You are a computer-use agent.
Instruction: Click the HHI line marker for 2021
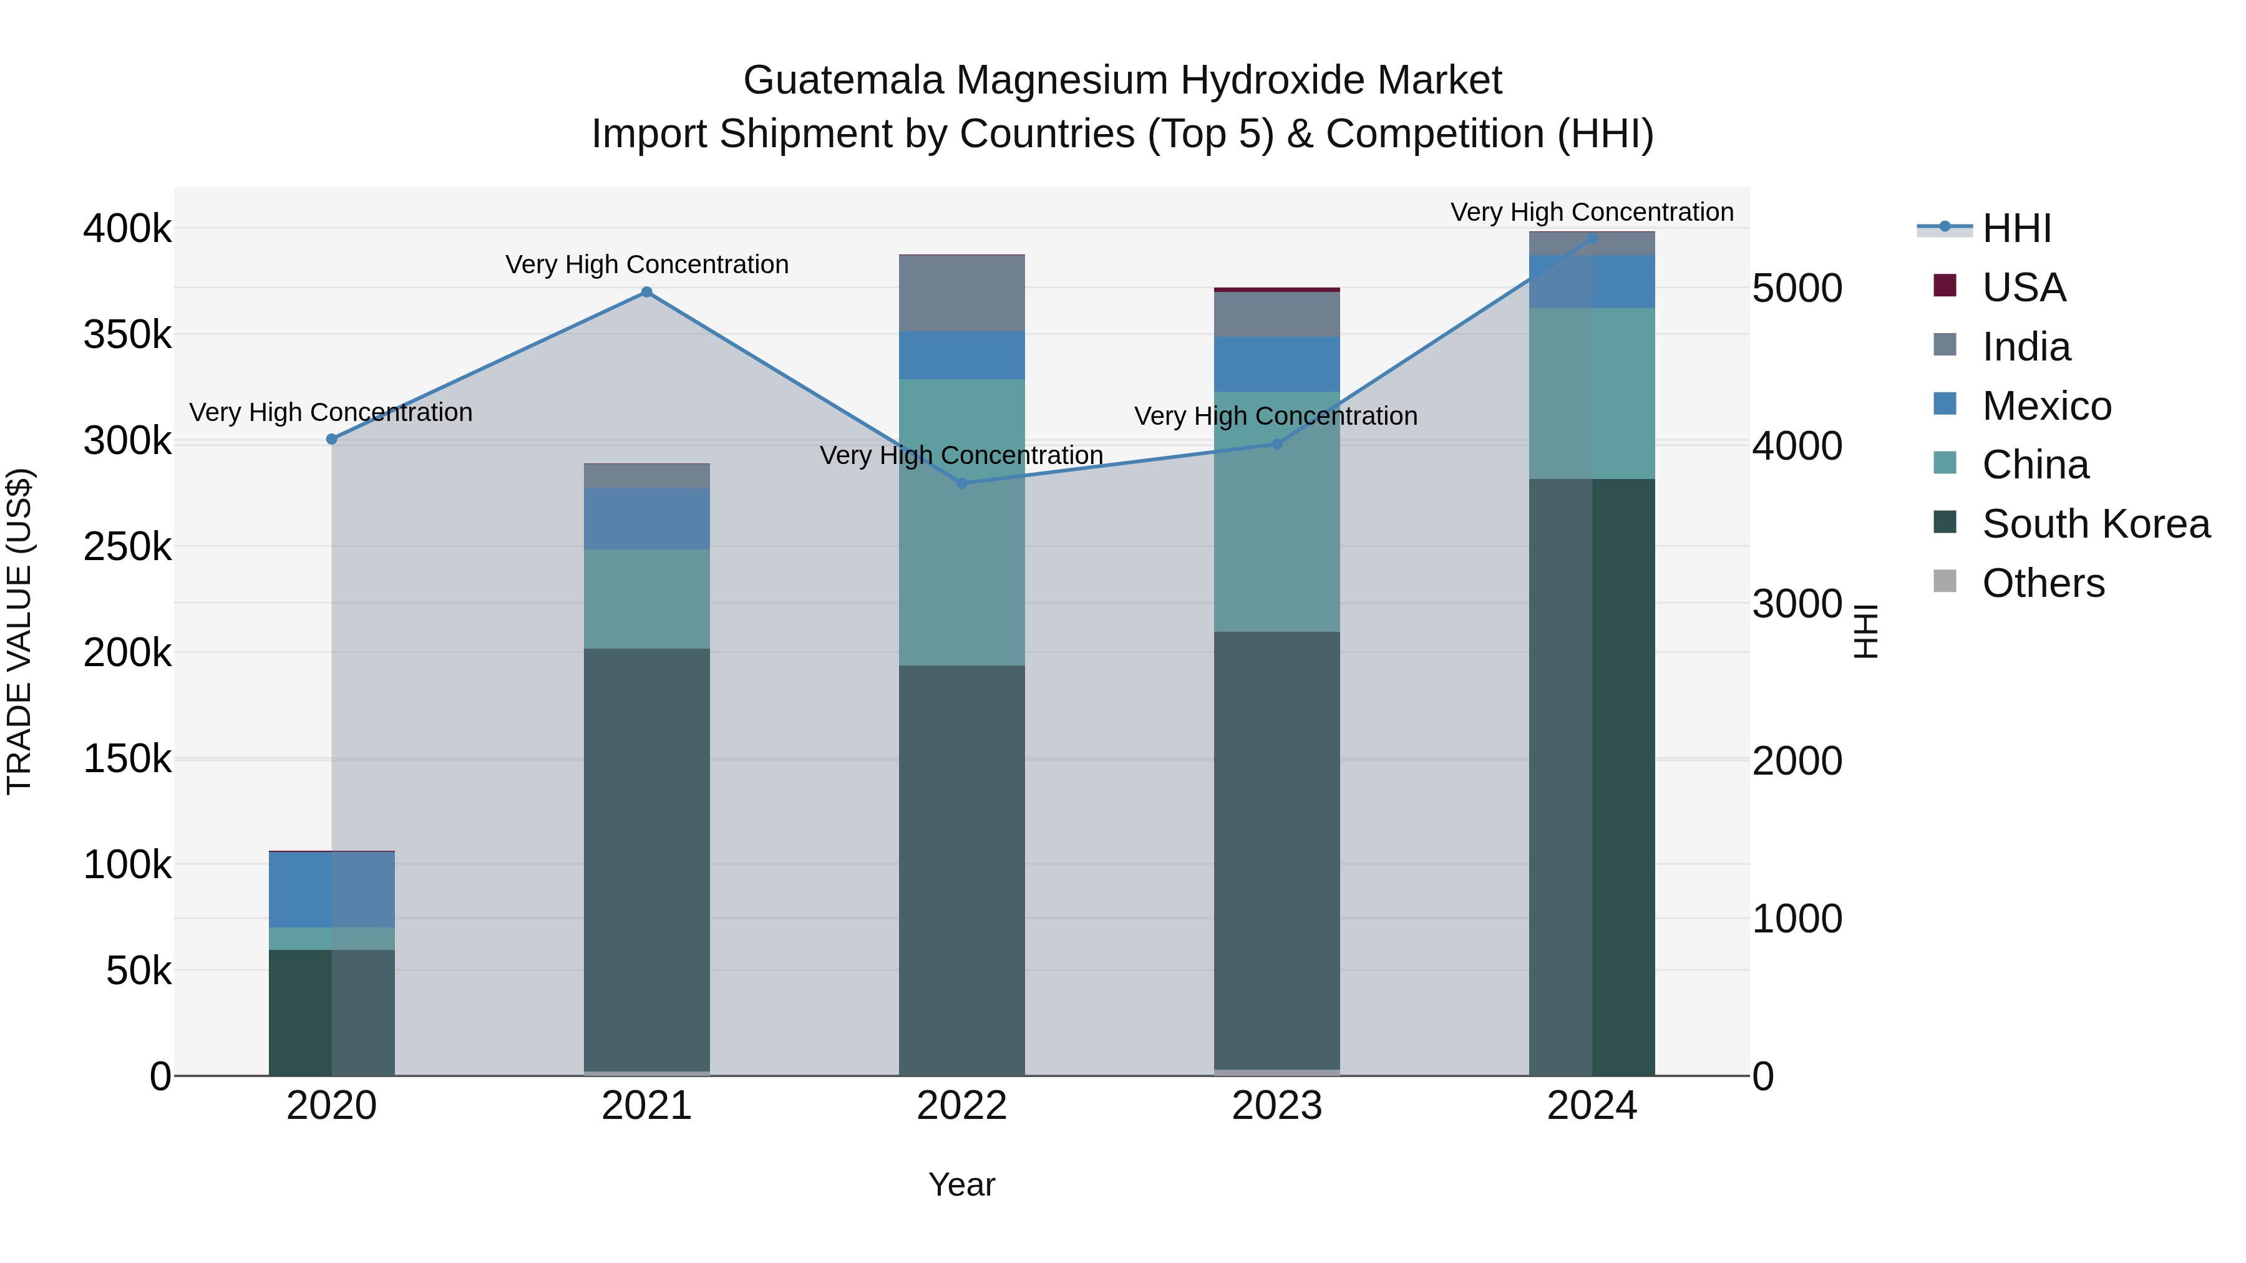tap(646, 292)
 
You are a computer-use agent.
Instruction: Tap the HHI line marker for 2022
tap(961, 483)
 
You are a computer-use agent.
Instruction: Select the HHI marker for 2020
tap(331, 439)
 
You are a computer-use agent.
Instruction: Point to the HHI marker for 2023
tap(1277, 443)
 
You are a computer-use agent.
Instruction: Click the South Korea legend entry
tap(2095, 524)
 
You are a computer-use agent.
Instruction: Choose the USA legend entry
tap(2023, 288)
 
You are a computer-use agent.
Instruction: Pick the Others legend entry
tap(2043, 583)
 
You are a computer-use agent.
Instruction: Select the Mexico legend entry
tap(2046, 406)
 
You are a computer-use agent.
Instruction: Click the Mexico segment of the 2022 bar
tap(961, 356)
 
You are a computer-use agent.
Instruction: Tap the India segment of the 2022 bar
tap(961, 294)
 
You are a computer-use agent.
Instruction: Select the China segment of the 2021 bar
tap(646, 599)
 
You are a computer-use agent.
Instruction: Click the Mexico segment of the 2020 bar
tap(331, 889)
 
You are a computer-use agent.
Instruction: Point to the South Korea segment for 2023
tap(1277, 850)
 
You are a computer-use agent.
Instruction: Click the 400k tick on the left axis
tap(127, 230)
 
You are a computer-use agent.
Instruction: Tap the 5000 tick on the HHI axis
tap(1797, 289)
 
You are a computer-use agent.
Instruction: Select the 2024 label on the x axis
tap(1592, 1106)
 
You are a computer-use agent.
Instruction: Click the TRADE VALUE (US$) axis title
tap(20, 631)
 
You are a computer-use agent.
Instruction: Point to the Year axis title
tap(961, 1184)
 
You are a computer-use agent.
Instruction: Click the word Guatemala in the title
tap(843, 80)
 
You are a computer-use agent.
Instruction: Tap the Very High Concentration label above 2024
tap(1592, 212)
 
